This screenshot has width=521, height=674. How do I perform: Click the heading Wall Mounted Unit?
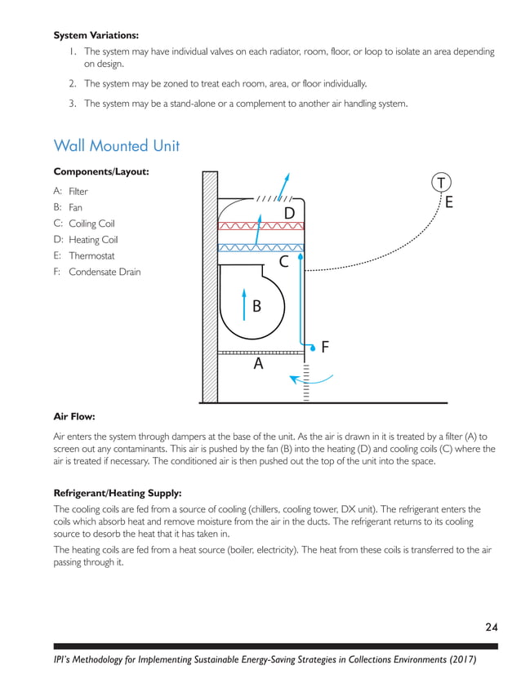point(116,146)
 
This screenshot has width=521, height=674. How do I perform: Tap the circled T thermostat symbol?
point(441,180)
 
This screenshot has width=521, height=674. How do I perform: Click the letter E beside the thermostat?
point(448,202)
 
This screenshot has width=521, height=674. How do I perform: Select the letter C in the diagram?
point(283,262)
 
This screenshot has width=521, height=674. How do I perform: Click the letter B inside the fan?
point(256,307)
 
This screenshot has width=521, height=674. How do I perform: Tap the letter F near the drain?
point(324,347)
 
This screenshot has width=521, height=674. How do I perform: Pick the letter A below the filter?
point(258,365)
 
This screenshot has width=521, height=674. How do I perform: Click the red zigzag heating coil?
point(261,224)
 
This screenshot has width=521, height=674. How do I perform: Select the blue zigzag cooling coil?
point(261,247)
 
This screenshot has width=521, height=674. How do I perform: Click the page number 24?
point(491,627)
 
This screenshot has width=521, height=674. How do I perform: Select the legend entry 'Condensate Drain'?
point(105,272)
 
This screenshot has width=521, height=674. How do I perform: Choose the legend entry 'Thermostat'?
point(92,255)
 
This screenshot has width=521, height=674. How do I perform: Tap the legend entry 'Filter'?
point(78,192)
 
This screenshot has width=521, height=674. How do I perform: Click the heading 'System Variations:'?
point(96,35)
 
